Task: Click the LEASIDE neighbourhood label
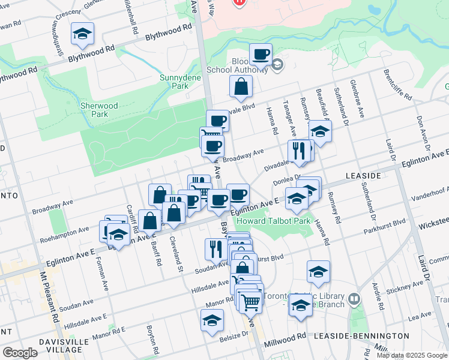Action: point(364,175)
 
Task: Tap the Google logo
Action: point(20,352)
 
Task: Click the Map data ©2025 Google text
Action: point(412,355)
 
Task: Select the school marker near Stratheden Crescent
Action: point(82,34)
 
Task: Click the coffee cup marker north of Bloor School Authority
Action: point(261,55)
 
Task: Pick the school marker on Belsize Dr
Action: point(211,322)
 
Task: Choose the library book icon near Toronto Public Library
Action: point(354,298)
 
